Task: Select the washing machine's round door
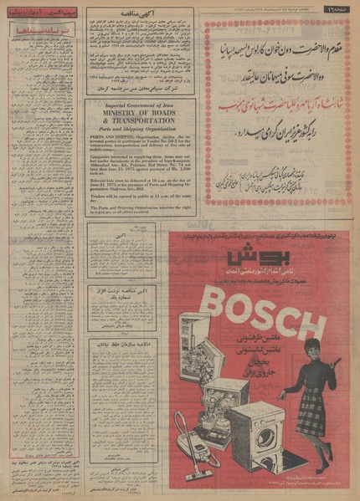266,436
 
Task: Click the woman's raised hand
338,360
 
